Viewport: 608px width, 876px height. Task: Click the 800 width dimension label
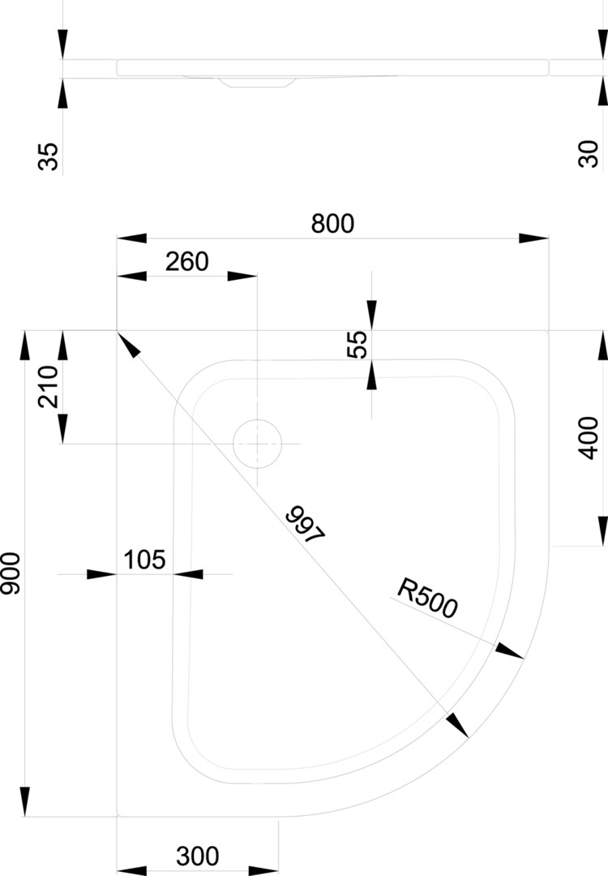click(333, 224)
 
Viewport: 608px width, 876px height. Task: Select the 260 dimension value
click(187, 261)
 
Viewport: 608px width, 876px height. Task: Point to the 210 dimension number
click(48, 386)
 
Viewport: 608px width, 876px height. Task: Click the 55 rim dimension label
click(358, 344)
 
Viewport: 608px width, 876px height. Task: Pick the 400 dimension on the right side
click(589, 438)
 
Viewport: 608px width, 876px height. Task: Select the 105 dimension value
click(144, 560)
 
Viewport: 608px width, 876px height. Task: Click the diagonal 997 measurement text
click(306, 525)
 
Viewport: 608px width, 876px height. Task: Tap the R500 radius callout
click(427, 598)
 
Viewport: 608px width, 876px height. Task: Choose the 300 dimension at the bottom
click(198, 857)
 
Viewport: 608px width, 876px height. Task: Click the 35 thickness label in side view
click(49, 156)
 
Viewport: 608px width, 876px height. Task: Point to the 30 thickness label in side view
click(589, 153)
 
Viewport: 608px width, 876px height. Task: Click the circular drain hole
click(257, 444)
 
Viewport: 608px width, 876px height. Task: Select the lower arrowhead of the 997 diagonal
click(457, 724)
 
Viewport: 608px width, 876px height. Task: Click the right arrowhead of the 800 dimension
click(533, 238)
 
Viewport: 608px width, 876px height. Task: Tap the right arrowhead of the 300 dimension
click(263, 871)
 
